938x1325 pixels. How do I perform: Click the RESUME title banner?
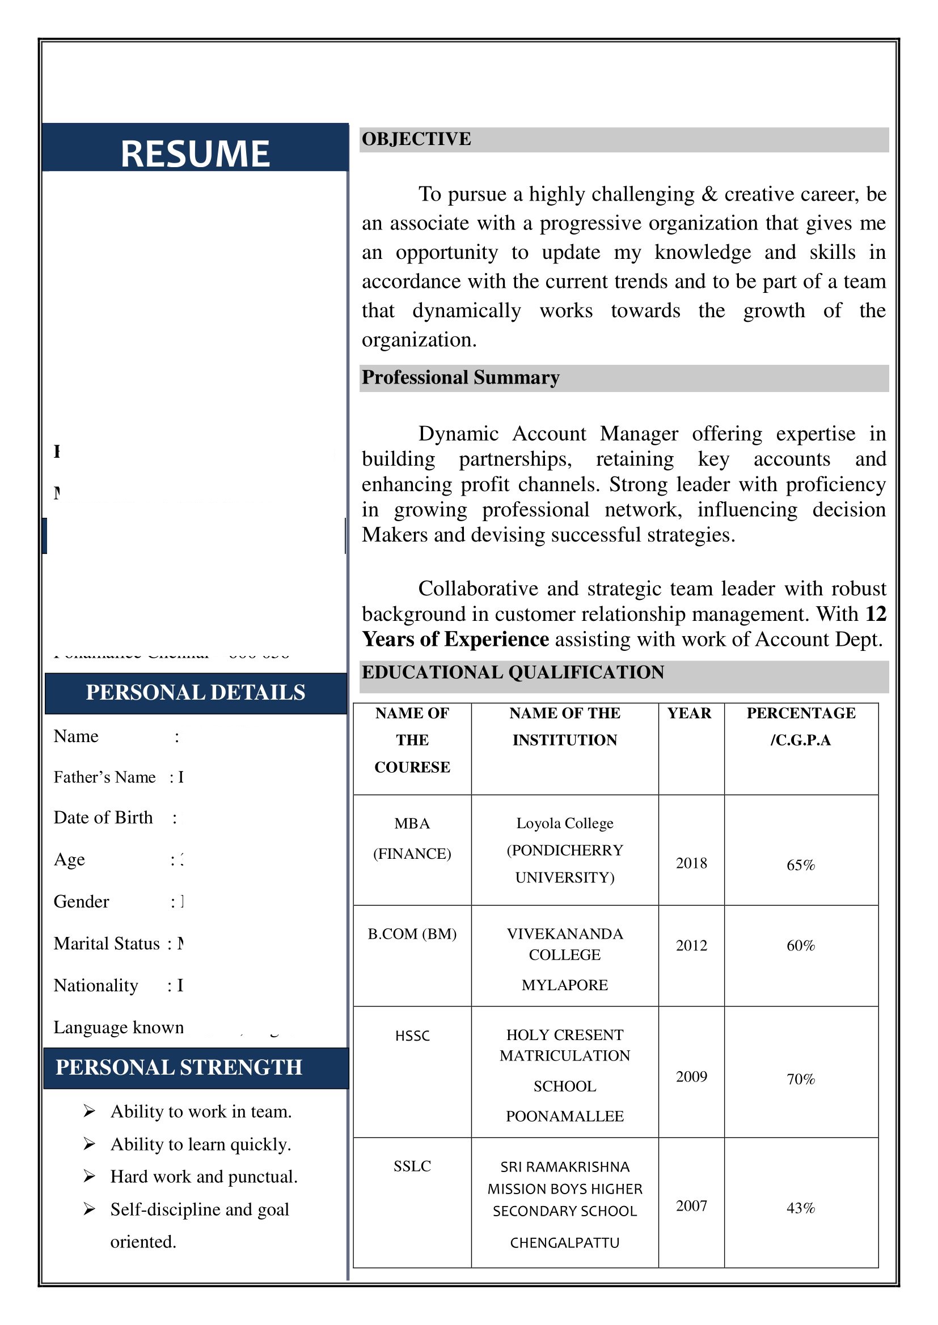click(195, 154)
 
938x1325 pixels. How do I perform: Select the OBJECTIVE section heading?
click(416, 139)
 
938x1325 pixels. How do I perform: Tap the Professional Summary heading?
click(460, 377)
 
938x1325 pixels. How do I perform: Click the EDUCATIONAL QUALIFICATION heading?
click(512, 672)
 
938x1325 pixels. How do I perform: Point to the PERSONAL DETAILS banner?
click(195, 692)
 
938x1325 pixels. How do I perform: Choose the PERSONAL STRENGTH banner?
click(179, 1068)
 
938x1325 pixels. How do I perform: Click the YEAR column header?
click(689, 713)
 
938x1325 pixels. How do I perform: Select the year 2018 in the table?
click(691, 863)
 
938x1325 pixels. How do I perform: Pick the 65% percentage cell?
click(800, 865)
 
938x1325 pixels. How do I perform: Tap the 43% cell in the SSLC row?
click(800, 1208)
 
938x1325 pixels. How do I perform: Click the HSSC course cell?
click(412, 1036)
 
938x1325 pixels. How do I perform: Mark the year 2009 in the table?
click(691, 1077)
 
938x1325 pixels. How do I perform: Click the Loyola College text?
click(564, 823)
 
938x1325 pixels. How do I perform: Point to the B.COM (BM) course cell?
click(412, 934)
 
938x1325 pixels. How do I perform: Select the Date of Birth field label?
click(103, 818)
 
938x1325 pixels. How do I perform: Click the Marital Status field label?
click(106, 944)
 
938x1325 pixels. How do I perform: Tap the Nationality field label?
click(96, 986)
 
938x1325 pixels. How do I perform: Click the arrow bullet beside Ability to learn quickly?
click(89, 1144)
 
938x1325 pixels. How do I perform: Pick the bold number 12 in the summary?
click(875, 614)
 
